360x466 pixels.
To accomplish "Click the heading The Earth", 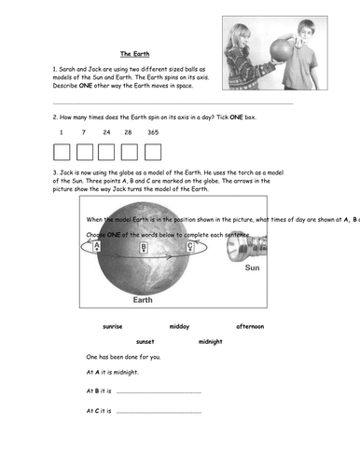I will pyautogui.click(x=137, y=54).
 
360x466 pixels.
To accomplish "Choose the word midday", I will pyautogui.click(x=179, y=326).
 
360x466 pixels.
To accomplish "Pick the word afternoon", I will pyautogui.click(x=250, y=326).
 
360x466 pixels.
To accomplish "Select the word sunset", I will pyautogui.click(x=145, y=342).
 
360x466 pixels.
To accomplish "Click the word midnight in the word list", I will pyautogui.click(x=212, y=342).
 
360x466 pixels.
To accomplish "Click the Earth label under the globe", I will pyautogui.click(x=143, y=301).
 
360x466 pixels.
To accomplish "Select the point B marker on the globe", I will pyautogui.click(x=144, y=248).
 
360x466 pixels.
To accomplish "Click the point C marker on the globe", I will pyautogui.click(x=190, y=248).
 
